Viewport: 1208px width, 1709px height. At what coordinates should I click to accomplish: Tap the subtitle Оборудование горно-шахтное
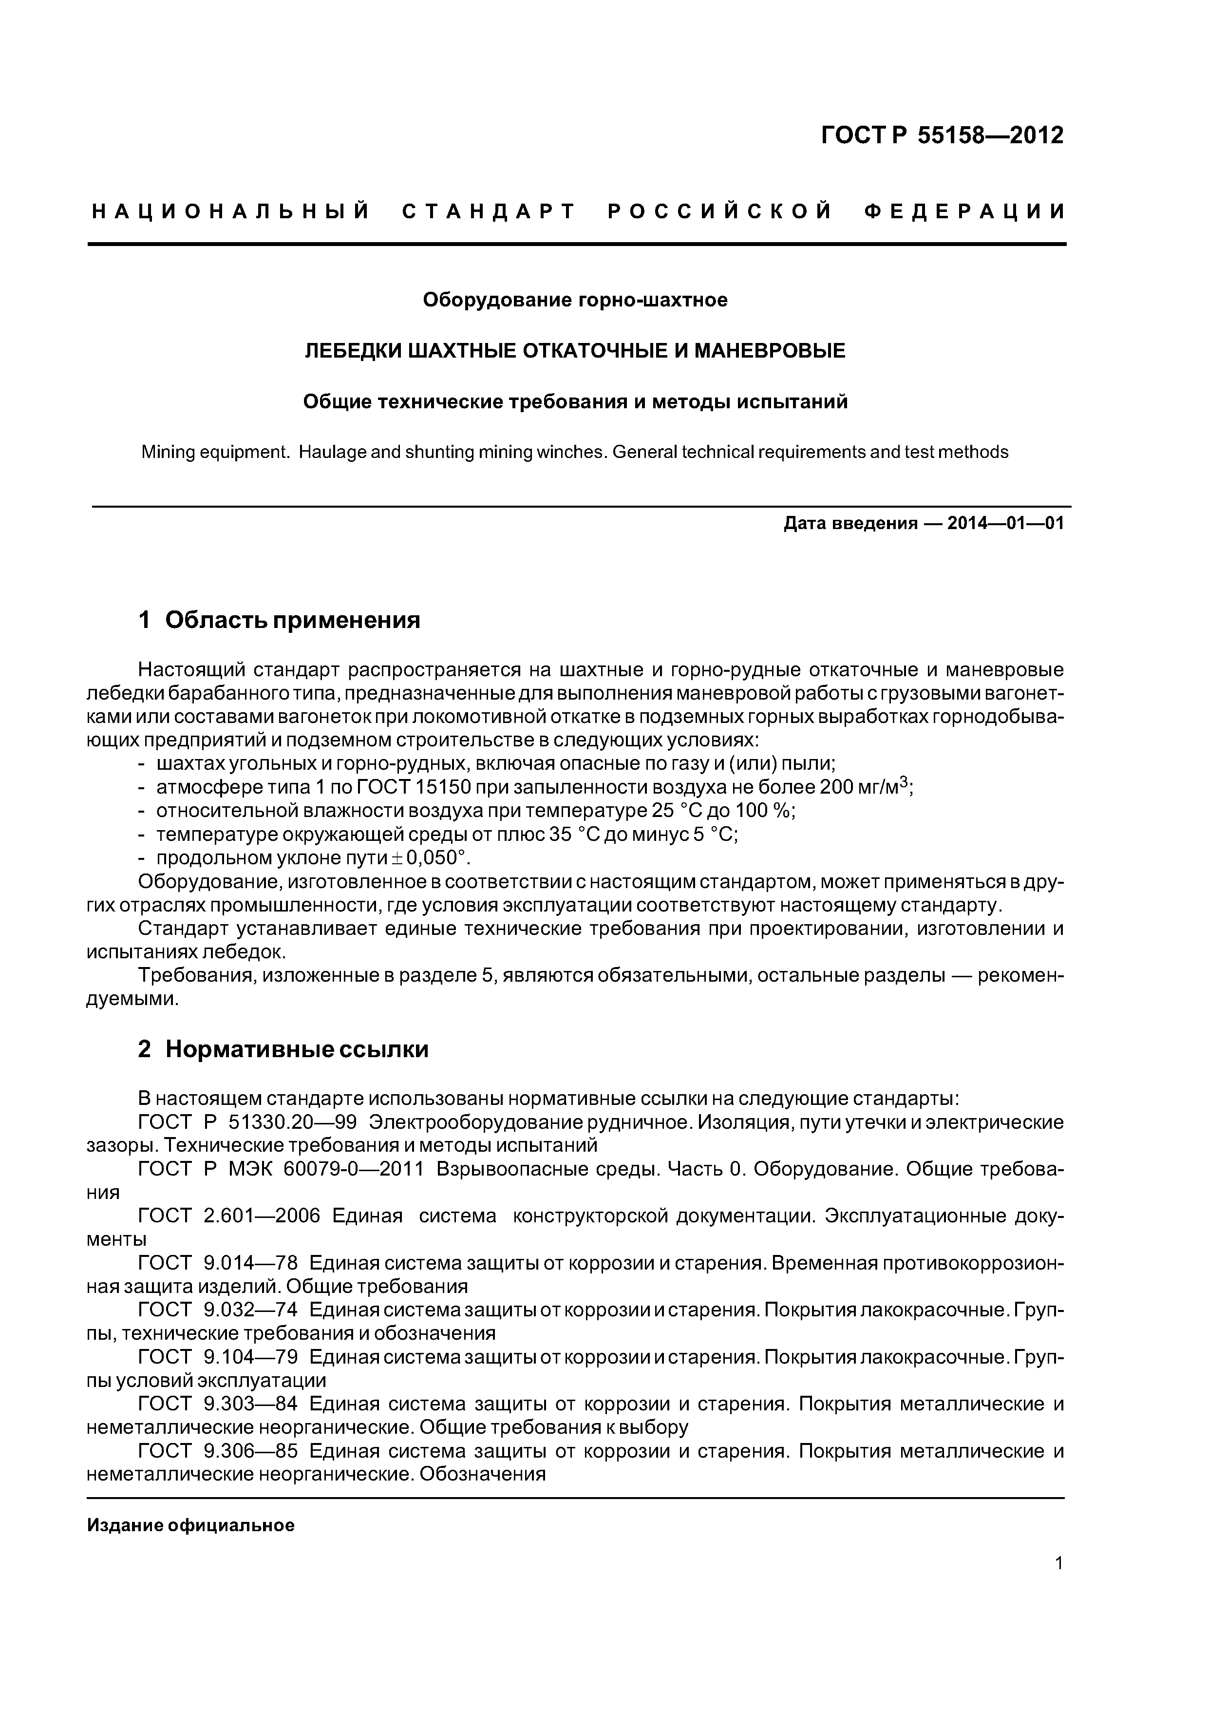coord(575,300)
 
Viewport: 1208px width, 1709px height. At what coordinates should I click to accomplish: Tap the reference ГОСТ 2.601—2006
coord(229,1216)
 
